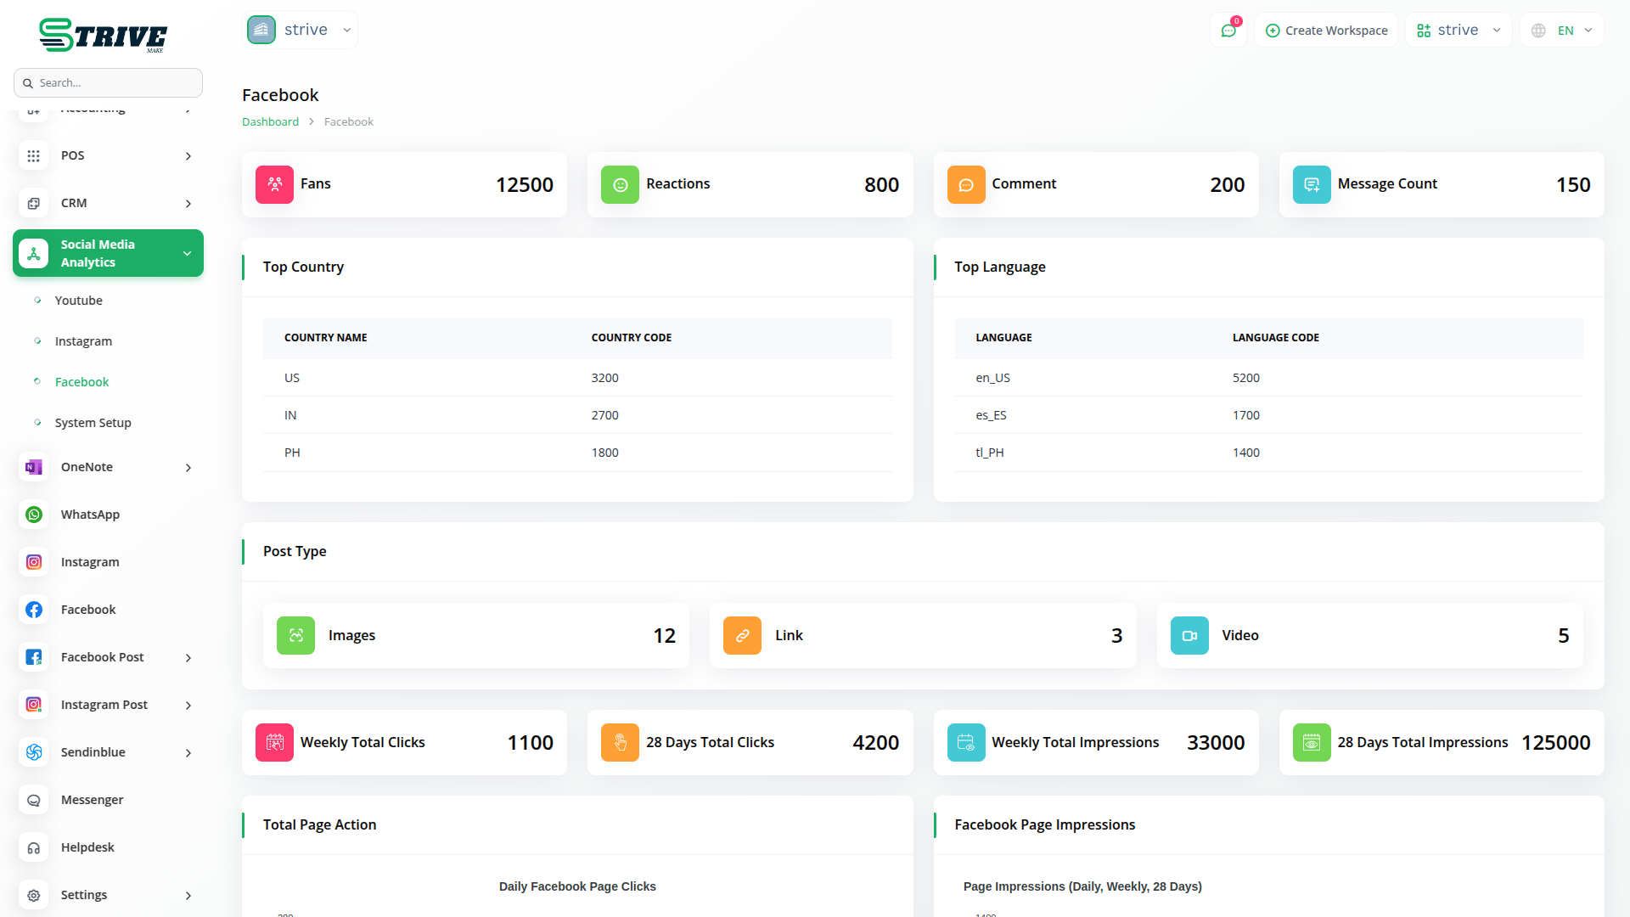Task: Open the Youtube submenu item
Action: coord(78,301)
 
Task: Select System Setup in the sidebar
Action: coord(93,423)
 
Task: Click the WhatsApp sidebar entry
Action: coord(90,515)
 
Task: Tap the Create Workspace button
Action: coord(1326,31)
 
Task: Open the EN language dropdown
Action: coord(1563,31)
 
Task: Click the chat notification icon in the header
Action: coord(1228,31)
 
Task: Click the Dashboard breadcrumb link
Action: coord(270,122)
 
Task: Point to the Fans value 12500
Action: coord(524,185)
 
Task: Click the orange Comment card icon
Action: coord(966,185)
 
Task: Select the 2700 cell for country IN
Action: coord(604,415)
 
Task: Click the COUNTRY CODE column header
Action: coord(631,338)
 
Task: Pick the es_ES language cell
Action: coord(991,415)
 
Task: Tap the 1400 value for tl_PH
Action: coord(1245,453)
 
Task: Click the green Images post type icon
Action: coord(295,636)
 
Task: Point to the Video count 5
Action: coord(1563,636)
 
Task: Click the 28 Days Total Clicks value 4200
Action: coord(875,743)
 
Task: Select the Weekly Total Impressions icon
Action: coord(966,743)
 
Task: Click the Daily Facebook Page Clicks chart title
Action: coord(577,886)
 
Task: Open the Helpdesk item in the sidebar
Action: coord(87,847)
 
